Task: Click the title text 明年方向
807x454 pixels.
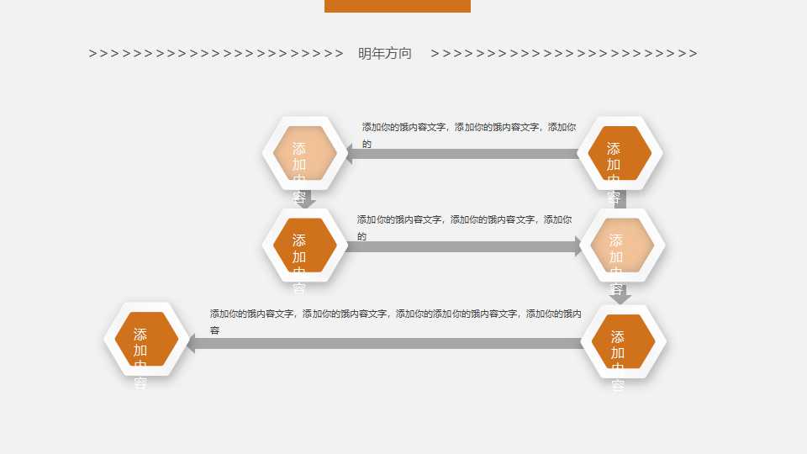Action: (x=385, y=54)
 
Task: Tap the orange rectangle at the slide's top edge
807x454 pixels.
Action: (x=397, y=6)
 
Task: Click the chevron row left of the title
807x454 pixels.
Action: (x=216, y=54)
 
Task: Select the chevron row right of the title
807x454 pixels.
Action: (x=563, y=54)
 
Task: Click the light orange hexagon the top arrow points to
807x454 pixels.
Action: (x=300, y=153)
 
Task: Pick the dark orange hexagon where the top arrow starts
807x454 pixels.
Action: (x=618, y=153)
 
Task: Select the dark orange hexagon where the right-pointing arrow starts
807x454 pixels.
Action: (x=300, y=245)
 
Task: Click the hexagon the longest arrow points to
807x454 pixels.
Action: (x=141, y=340)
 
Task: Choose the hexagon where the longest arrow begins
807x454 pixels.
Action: (x=620, y=341)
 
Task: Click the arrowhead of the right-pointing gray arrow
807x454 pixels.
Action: (x=578, y=246)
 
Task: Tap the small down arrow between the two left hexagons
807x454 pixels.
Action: (x=309, y=203)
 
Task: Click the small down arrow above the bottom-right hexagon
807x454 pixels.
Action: (x=620, y=297)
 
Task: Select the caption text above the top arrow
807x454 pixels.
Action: (x=469, y=127)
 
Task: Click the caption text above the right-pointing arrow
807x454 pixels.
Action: (x=464, y=219)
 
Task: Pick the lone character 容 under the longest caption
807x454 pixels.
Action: (x=215, y=330)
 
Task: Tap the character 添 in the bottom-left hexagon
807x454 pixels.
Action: (x=140, y=334)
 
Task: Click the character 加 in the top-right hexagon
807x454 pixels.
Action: (x=614, y=164)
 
